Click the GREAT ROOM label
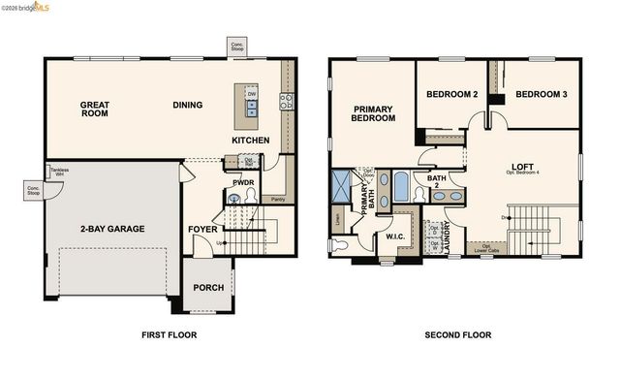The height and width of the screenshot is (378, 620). point(94,109)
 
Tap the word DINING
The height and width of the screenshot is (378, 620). point(187,105)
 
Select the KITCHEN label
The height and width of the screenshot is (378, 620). point(250,141)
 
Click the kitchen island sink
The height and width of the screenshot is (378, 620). point(251,108)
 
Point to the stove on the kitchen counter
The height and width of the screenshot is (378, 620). point(287,100)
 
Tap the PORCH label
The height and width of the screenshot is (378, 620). point(208,288)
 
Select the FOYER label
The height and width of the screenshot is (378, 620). point(202,230)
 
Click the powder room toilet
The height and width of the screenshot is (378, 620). point(253,195)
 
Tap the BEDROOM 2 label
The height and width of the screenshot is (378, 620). point(452,94)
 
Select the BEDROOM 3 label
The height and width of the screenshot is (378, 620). point(541,94)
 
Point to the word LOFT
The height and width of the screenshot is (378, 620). point(523,166)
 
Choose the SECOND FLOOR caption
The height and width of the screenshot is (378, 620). point(457,335)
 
